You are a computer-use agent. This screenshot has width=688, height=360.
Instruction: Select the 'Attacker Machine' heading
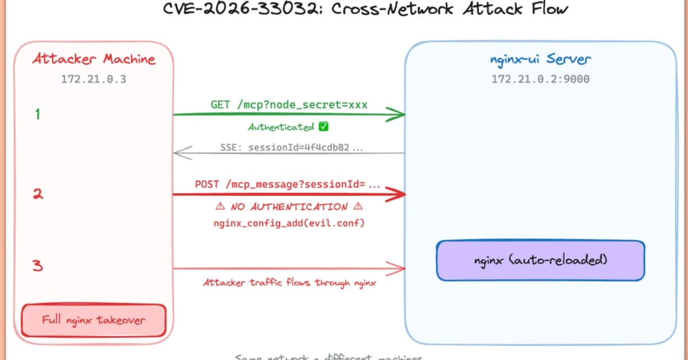(93, 59)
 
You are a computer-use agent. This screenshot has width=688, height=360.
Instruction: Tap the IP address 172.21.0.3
(93, 79)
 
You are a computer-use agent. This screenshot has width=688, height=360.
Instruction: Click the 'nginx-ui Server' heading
(540, 59)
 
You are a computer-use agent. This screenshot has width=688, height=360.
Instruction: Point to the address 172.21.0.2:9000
(540, 79)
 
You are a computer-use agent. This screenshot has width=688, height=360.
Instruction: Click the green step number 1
(37, 115)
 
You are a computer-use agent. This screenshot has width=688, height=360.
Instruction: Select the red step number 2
(37, 194)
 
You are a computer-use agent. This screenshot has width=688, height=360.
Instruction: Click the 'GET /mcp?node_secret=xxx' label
(289, 105)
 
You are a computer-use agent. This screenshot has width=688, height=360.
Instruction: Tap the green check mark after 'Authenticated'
(323, 127)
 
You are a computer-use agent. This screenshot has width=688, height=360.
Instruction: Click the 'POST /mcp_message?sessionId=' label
(288, 185)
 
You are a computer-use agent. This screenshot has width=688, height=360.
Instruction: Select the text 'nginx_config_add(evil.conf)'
(288, 223)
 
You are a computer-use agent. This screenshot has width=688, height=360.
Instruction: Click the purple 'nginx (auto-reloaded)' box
(540, 260)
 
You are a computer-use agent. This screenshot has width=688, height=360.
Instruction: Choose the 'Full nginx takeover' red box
(93, 320)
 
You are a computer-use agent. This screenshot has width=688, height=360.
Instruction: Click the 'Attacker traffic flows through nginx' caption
(290, 283)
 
